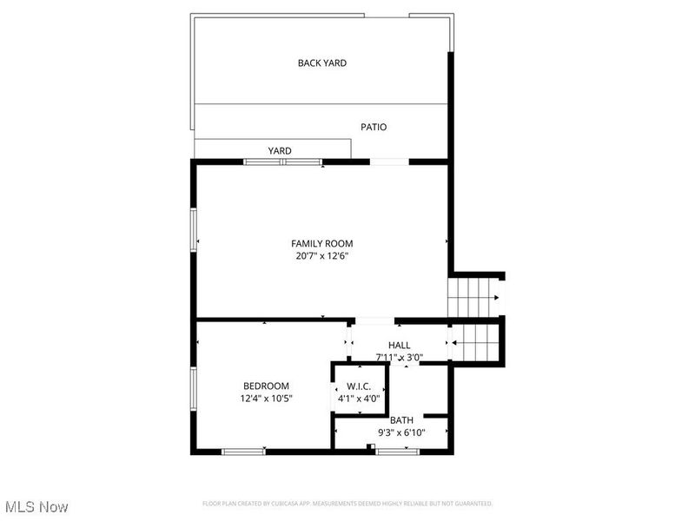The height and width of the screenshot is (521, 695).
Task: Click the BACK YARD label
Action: tap(322, 63)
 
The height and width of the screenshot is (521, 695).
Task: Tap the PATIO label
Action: tap(374, 127)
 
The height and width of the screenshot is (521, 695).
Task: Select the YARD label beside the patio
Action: tap(279, 151)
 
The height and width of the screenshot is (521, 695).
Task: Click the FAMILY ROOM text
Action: tap(321, 244)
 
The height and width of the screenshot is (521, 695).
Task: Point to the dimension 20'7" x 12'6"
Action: tap(321, 256)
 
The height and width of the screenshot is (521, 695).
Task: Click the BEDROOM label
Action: tap(266, 386)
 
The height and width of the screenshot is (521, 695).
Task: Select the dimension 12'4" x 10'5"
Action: tap(266, 399)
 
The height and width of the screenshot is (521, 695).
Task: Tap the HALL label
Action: tap(400, 346)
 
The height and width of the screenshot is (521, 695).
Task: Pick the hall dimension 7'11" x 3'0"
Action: tap(400, 357)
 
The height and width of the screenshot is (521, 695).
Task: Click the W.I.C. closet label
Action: tap(359, 386)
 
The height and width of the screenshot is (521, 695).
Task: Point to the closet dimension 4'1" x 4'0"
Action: tap(359, 399)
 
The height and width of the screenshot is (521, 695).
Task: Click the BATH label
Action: tap(400, 420)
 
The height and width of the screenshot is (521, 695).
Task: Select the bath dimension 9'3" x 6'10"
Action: tap(400, 432)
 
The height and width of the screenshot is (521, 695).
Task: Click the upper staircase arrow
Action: tap(495, 298)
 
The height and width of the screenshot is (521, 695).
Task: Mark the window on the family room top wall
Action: tap(282, 162)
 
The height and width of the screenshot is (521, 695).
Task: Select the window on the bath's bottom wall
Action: tap(398, 451)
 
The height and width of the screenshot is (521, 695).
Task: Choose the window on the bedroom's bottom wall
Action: tap(243, 451)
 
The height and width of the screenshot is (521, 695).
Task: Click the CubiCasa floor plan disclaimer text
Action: tap(347, 504)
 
